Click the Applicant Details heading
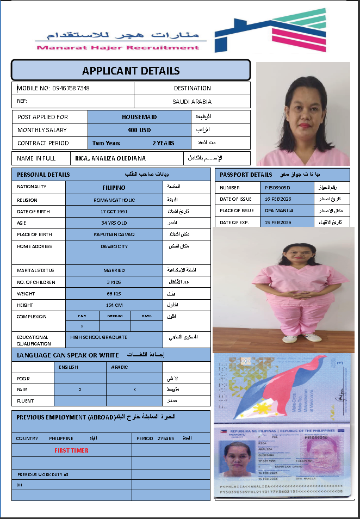click(131, 71)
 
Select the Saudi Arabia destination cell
click(192, 102)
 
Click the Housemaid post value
click(139, 116)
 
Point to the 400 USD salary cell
click(139, 130)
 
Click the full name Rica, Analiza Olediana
click(110, 158)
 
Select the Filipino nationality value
click(114, 188)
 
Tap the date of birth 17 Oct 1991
click(114, 211)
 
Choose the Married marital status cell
click(114, 270)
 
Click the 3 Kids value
click(114, 282)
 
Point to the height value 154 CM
click(114, 305)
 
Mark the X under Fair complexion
click(82, 326)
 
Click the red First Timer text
click(71, 450)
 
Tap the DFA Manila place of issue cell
click(279, 211)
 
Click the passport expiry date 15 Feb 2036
click(278, 223)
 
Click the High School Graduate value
click(99, 337)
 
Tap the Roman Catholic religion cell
click(114, 200)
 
